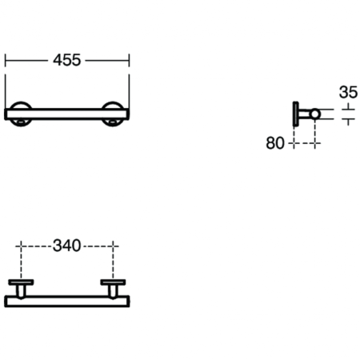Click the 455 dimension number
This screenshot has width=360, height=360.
click(x=68, y=60)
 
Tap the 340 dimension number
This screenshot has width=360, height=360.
click(x=67, y=246)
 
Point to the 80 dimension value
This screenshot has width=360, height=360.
click(x=275, y=143)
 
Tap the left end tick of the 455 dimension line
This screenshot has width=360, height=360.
click(x=6, y=60)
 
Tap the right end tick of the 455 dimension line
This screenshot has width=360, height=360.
click(x=129, y=60)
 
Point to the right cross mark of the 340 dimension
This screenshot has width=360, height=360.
click(x=112, y=246)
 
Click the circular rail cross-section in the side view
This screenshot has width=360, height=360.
click(x=315, y=113)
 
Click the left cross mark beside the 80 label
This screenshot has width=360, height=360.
click(x=294, y=143)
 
